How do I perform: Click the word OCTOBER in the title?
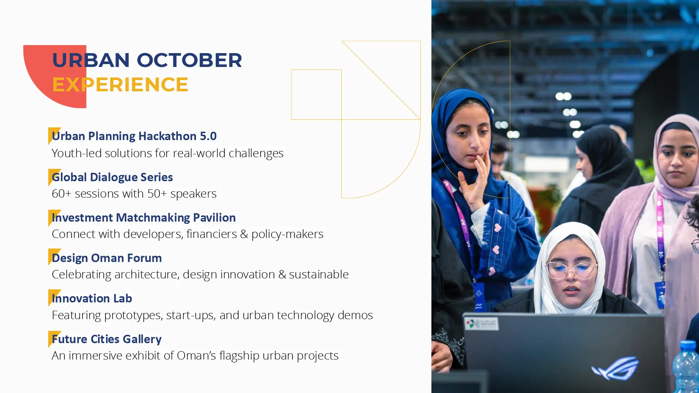point(189,60)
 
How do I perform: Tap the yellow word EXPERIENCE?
point(120,84)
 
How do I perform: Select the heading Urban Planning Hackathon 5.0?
point(134,136)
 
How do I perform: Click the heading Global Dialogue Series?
point(112,177)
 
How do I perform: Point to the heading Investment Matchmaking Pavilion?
point(144,218)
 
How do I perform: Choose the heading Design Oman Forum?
point(107,258)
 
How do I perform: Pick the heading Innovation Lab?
point(92,298)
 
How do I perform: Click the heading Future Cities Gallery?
point(107,339)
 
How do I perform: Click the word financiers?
point(212,234)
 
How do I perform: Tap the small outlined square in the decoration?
point(316,95)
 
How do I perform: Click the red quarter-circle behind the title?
point(55,76)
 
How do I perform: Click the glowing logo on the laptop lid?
point(615,368)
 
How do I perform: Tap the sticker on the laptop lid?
point(481,323)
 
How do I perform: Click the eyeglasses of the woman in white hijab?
point(570,270)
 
